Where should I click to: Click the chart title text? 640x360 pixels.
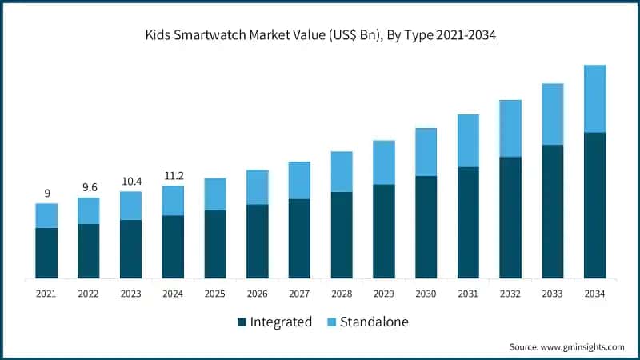[320, 36]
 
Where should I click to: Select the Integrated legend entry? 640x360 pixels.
[281, 322]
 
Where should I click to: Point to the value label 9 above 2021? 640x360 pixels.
[46, 193]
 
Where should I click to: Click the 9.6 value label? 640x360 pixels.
[88, 187]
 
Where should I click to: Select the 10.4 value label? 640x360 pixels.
[130, 181]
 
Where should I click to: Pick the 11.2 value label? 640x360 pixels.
[173, 175]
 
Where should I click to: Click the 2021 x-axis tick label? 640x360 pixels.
[46, 294]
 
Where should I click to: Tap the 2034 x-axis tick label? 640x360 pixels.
[594, 294]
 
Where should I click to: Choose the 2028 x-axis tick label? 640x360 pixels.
[342, 294]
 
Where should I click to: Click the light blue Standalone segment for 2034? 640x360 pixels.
[594, 98]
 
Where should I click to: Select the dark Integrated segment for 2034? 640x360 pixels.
[594, 205]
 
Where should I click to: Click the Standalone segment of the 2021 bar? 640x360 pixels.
[46, 215]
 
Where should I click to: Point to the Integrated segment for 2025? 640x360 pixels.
[215, 244]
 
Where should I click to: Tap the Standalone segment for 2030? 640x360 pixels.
[426, 152]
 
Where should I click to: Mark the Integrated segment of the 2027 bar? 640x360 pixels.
[299, 238]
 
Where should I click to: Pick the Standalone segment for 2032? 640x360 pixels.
[510, 128]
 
